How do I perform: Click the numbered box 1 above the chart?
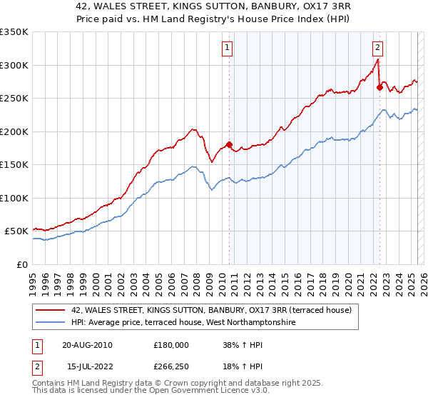click(x=228, y=49)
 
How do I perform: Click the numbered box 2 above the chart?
click(x=377, y=49)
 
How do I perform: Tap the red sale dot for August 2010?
click(x=230, y=145)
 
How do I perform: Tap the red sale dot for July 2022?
click(x=379, y=88)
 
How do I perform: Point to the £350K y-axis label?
click(x=14, y=32)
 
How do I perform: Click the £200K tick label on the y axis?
click(x=14, y=131)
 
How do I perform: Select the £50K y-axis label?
click(x=17, y=231)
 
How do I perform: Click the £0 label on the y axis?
click(x=23, y=264)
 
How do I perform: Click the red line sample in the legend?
click(x=51, y=310)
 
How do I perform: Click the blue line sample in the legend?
click(x=51, y=323)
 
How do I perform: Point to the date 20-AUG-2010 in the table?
click(x=87, y=344)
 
